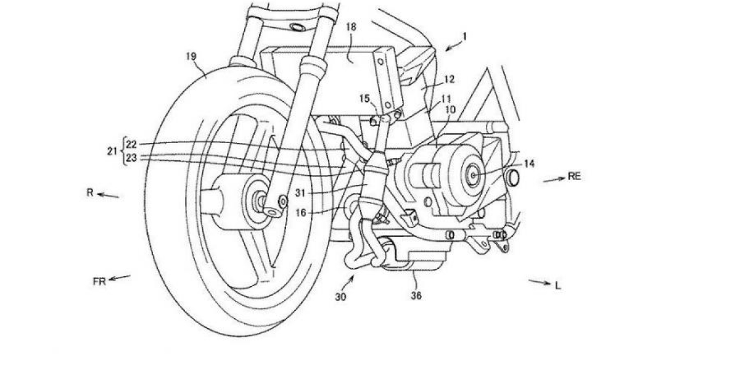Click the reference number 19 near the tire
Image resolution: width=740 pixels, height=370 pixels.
[191, 56]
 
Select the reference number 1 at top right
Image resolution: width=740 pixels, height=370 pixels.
[464, 37]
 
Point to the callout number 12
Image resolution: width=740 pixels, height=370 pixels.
[449, 79]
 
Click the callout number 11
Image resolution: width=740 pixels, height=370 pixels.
[446, 99]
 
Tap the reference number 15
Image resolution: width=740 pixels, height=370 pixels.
[365, 98]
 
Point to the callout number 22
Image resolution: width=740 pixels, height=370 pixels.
[131, 144]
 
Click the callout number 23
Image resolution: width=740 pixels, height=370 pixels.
[131, 158]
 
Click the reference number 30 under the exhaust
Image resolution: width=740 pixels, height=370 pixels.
[340, 296]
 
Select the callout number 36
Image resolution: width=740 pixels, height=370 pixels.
[416, 296]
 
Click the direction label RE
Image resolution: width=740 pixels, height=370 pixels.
[574, 176]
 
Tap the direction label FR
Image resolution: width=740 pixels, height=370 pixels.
[100, 281]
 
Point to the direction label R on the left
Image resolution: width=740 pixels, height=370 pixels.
[89, 193]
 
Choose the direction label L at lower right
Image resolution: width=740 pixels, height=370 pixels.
[557, 286]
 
